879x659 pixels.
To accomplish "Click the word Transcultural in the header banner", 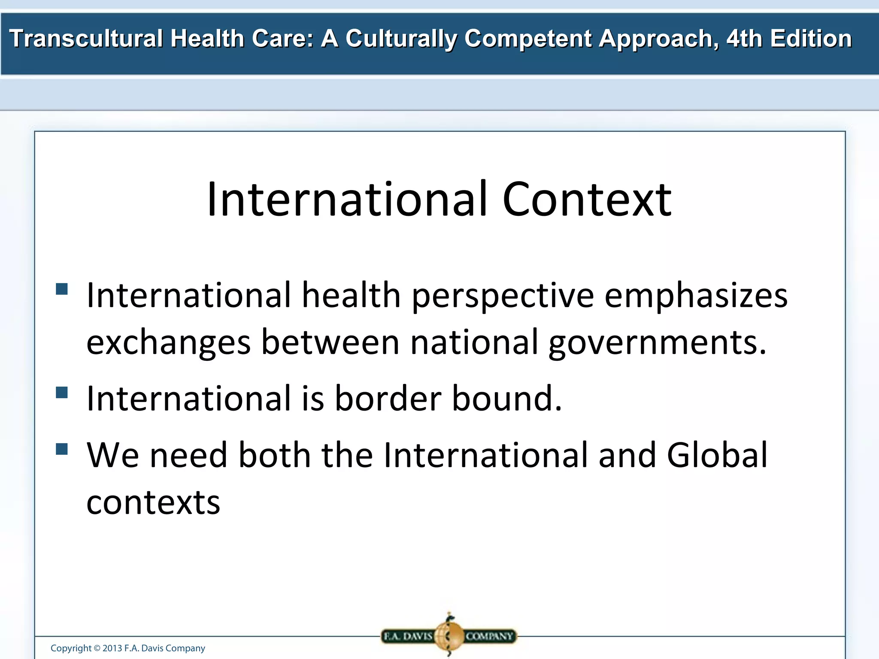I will pyautogui.click(x=86, y=39).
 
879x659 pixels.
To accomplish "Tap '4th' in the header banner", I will pyautogui.click(x=744, y=39).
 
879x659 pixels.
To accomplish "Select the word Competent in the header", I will pyautogui.click(x=528, y=39).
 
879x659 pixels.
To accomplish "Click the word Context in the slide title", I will pyautogui.click(x=586, y=200).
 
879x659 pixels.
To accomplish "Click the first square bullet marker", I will pyautogui.click(x=62, y=289).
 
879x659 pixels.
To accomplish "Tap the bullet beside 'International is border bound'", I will pyautogui.click(x=62, y=393).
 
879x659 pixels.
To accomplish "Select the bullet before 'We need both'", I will pyautogui.click(x=62, y=449).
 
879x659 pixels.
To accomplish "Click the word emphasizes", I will pyautogui.click(x=696, y=296).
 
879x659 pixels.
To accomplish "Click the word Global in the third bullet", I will pyautogui.click(x=717, y=455).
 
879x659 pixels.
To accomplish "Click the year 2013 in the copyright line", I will pyautogui.click(x=112, y=648).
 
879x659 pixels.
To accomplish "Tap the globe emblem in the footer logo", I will pyautogui.click(x=449, y=635).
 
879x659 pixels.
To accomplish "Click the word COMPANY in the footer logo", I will pyautogui.click(x=489, y=636).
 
